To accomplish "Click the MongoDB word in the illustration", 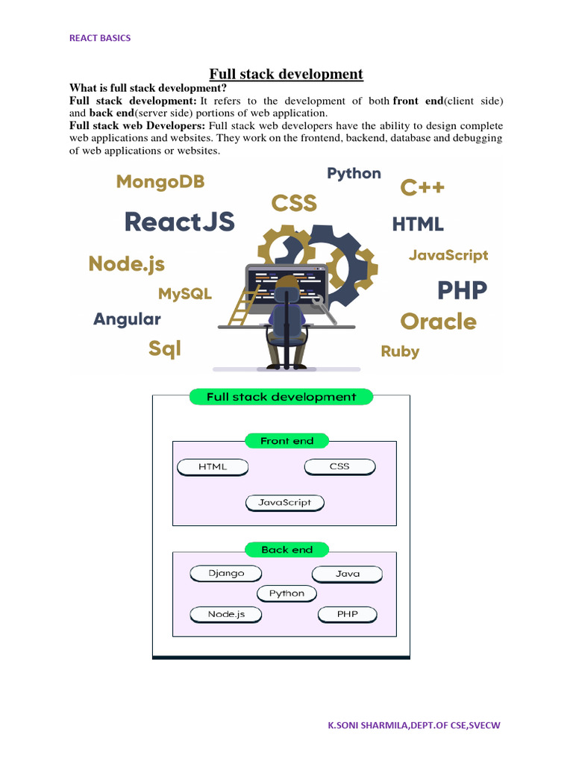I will click(160, 182).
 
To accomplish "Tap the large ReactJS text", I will click(179, 222).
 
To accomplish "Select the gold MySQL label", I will click(185, 294).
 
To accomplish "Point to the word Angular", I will click(127, 319).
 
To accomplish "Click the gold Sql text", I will click(164, 348).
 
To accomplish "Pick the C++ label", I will click(422, 187).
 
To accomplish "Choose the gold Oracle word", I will click(438, 322).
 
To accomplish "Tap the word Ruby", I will click(400, 351).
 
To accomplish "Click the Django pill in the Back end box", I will click(227, 573).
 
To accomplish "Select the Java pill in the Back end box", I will click(347, 574).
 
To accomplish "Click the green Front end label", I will click(286, 441).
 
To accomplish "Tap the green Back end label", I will click(286, 550).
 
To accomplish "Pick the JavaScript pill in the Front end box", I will click(284, 503).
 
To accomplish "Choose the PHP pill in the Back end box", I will click(347, 615).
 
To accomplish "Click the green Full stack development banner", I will click(281, 397).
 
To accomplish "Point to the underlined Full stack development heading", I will click(286, 74).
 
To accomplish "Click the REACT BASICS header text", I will click(100, 38).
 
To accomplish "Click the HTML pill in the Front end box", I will click(213, 467).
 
